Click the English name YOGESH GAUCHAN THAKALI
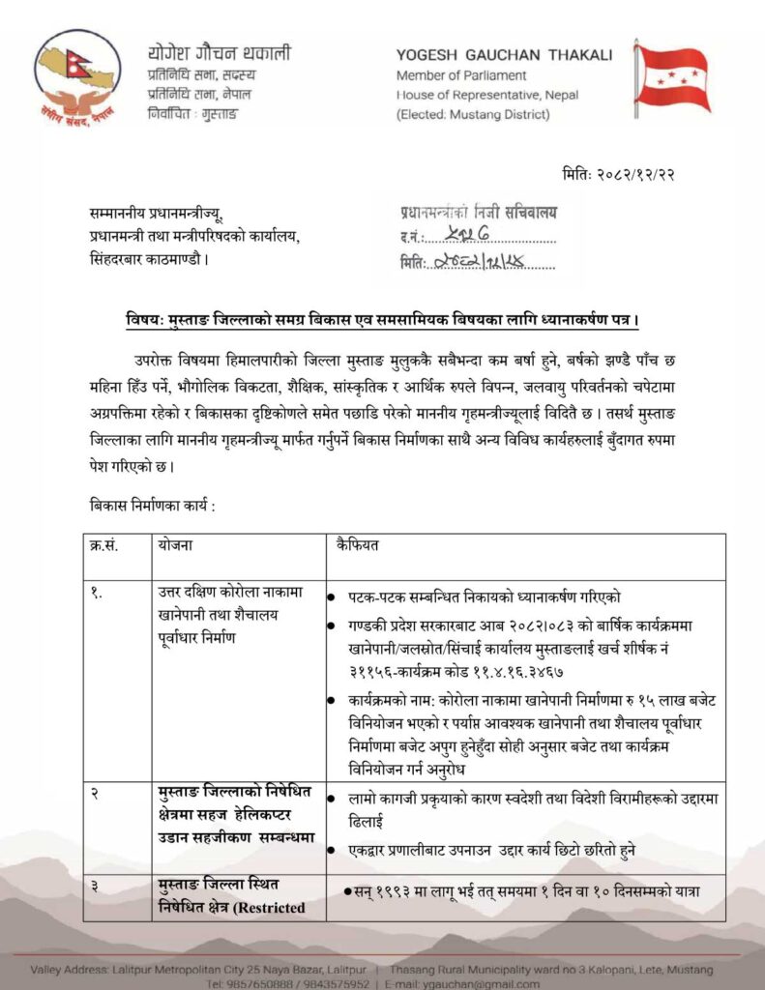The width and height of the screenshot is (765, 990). click(504, 55)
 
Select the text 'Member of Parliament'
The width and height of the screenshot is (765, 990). click(461, 75)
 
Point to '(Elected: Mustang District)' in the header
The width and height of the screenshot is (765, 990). click(473, 115)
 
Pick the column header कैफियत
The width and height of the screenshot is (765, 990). click(357, 544)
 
